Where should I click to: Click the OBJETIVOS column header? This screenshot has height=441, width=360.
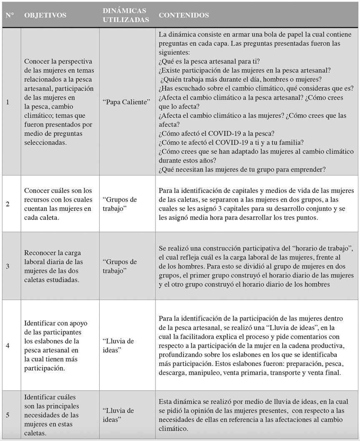click(x=45, y=15)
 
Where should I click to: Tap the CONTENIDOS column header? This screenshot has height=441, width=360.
click(x=184, y=15)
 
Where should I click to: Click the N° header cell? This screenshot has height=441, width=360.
click(x=10, y=15)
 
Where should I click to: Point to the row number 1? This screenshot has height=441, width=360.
click(x=8, y=102)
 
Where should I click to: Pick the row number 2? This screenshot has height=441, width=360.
click(x=8, y=204)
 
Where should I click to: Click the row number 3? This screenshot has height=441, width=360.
click(x=8, y=266)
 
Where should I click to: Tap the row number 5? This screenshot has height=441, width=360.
click(x=8, y=415)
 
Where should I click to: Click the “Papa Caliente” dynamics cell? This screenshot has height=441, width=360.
click(x=127, y=102)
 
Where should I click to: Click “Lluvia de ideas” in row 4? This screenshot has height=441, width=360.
click(x=118, y=345)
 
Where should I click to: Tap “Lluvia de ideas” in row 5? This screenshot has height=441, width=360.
click(x=118, y=415)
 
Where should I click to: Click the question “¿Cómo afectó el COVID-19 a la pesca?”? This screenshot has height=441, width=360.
click(x=216, y=133)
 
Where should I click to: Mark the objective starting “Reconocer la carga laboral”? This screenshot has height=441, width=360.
click(x=53, y=266)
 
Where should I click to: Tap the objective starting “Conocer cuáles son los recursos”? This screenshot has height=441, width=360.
click(x=58, y=204)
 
